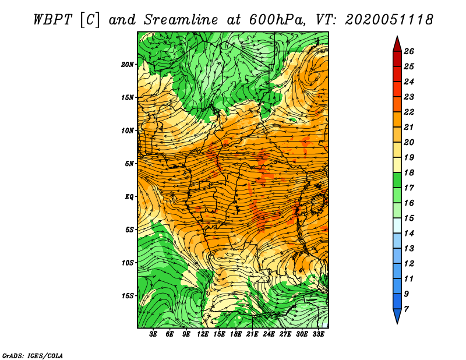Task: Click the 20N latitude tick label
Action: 128,65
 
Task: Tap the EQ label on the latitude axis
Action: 129,197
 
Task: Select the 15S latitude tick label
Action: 128,296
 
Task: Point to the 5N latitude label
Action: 129,164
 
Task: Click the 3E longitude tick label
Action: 153,334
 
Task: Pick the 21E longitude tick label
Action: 252,334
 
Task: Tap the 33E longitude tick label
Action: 318,334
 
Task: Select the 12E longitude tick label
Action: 202,334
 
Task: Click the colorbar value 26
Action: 409,51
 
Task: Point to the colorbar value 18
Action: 409,172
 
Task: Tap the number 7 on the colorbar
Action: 406,309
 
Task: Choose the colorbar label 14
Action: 409,234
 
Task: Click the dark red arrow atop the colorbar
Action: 397,45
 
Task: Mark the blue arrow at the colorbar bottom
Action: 397,316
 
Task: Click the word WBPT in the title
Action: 52,20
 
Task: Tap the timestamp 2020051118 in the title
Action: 389,20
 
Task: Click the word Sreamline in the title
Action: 181,20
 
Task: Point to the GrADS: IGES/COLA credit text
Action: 33,355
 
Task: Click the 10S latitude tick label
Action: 128,263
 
